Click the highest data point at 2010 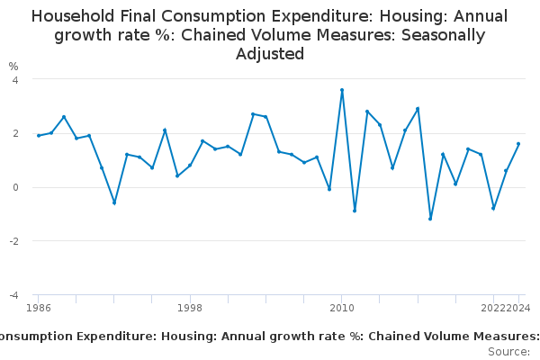[342, 90]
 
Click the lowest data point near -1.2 [430, 219]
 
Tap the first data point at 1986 [39, 136]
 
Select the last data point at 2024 [518, 144]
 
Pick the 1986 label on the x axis [39, 309]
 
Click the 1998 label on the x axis [190, 309]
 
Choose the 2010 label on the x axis [342, 309]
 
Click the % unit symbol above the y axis [13, 67]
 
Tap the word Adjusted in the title [270, 54]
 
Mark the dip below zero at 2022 [493, 208]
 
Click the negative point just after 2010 [355, 211]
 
